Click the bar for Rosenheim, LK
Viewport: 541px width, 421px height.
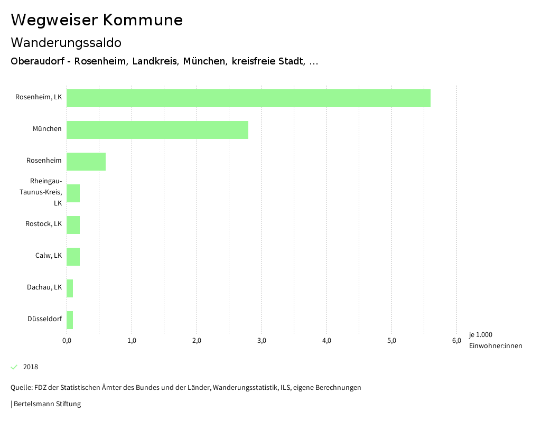click(x=248, y=98)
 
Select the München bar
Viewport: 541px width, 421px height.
click(x=157, y=130)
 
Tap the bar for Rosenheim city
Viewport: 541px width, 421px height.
click(x=86, y=162)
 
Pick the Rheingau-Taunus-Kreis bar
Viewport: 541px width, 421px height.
click(x=73, y=193)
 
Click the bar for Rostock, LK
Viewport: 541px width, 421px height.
click(x=73, y=225)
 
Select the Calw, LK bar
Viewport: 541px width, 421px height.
click(x=73, y=257)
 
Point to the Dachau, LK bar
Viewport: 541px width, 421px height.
click(x=70, y=288)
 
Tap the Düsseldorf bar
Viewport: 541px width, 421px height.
click(x=70, y=320)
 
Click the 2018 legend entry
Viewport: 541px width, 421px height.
click(x=31, y=367)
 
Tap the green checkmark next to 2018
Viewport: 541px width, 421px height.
click(x=14, y=367)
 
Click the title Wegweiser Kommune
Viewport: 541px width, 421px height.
click(x=97, y=20)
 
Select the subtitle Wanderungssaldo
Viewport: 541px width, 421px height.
click(x=66, y=42)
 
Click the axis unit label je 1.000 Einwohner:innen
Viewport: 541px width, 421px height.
click(x=495, y=340)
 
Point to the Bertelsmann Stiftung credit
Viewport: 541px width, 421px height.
click(x=47, y=404)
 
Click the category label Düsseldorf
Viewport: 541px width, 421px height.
click(x=44, y=319)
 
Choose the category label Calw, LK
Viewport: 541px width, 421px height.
click(x=49, y=256)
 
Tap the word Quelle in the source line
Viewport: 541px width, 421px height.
click(x=21, y=388)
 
